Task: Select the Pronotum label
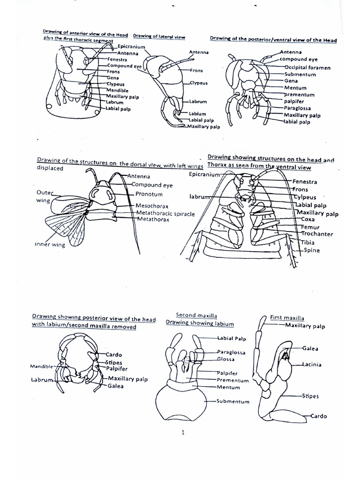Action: pyautogui.click(x=149, y=194)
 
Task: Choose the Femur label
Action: pyautogui.click(x=310, y=227)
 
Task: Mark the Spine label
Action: pyautogui.click(x=311, y=250)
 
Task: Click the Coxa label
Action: pyautogui.click(x=308, y=219)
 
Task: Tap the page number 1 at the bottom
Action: pyautogui.click(x=183, y=433)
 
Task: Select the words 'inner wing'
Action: pyautogui.click(x=49, y=245)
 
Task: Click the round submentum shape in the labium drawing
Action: pyautogui.click(x=180, y=401)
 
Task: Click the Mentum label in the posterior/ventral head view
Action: pyautogui.click(x=295, y=88)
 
